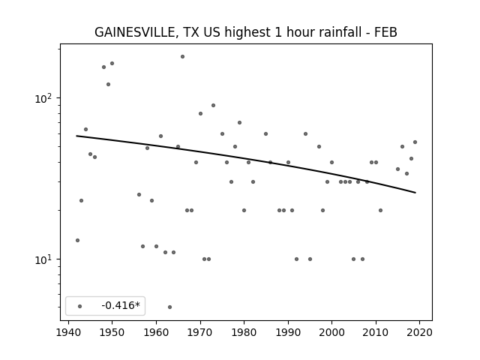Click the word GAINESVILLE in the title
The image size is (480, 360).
134,32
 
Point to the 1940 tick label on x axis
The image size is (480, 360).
68,332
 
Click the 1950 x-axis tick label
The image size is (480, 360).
112,332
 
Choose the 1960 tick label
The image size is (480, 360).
156,332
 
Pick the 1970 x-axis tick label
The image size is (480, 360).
200,332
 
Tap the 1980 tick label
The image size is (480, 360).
244,332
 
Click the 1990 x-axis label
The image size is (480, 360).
288,332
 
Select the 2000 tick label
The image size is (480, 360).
331,332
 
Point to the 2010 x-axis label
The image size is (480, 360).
376,332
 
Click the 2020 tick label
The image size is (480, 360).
420,332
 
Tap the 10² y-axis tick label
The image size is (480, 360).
45,98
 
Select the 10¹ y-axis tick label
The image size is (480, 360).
45,259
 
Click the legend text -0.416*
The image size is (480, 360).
121,305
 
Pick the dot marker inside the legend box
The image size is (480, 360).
80,306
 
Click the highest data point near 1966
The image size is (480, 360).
182,57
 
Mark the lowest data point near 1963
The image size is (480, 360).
170,307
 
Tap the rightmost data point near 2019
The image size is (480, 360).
415,142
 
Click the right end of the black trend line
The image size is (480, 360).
415,193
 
